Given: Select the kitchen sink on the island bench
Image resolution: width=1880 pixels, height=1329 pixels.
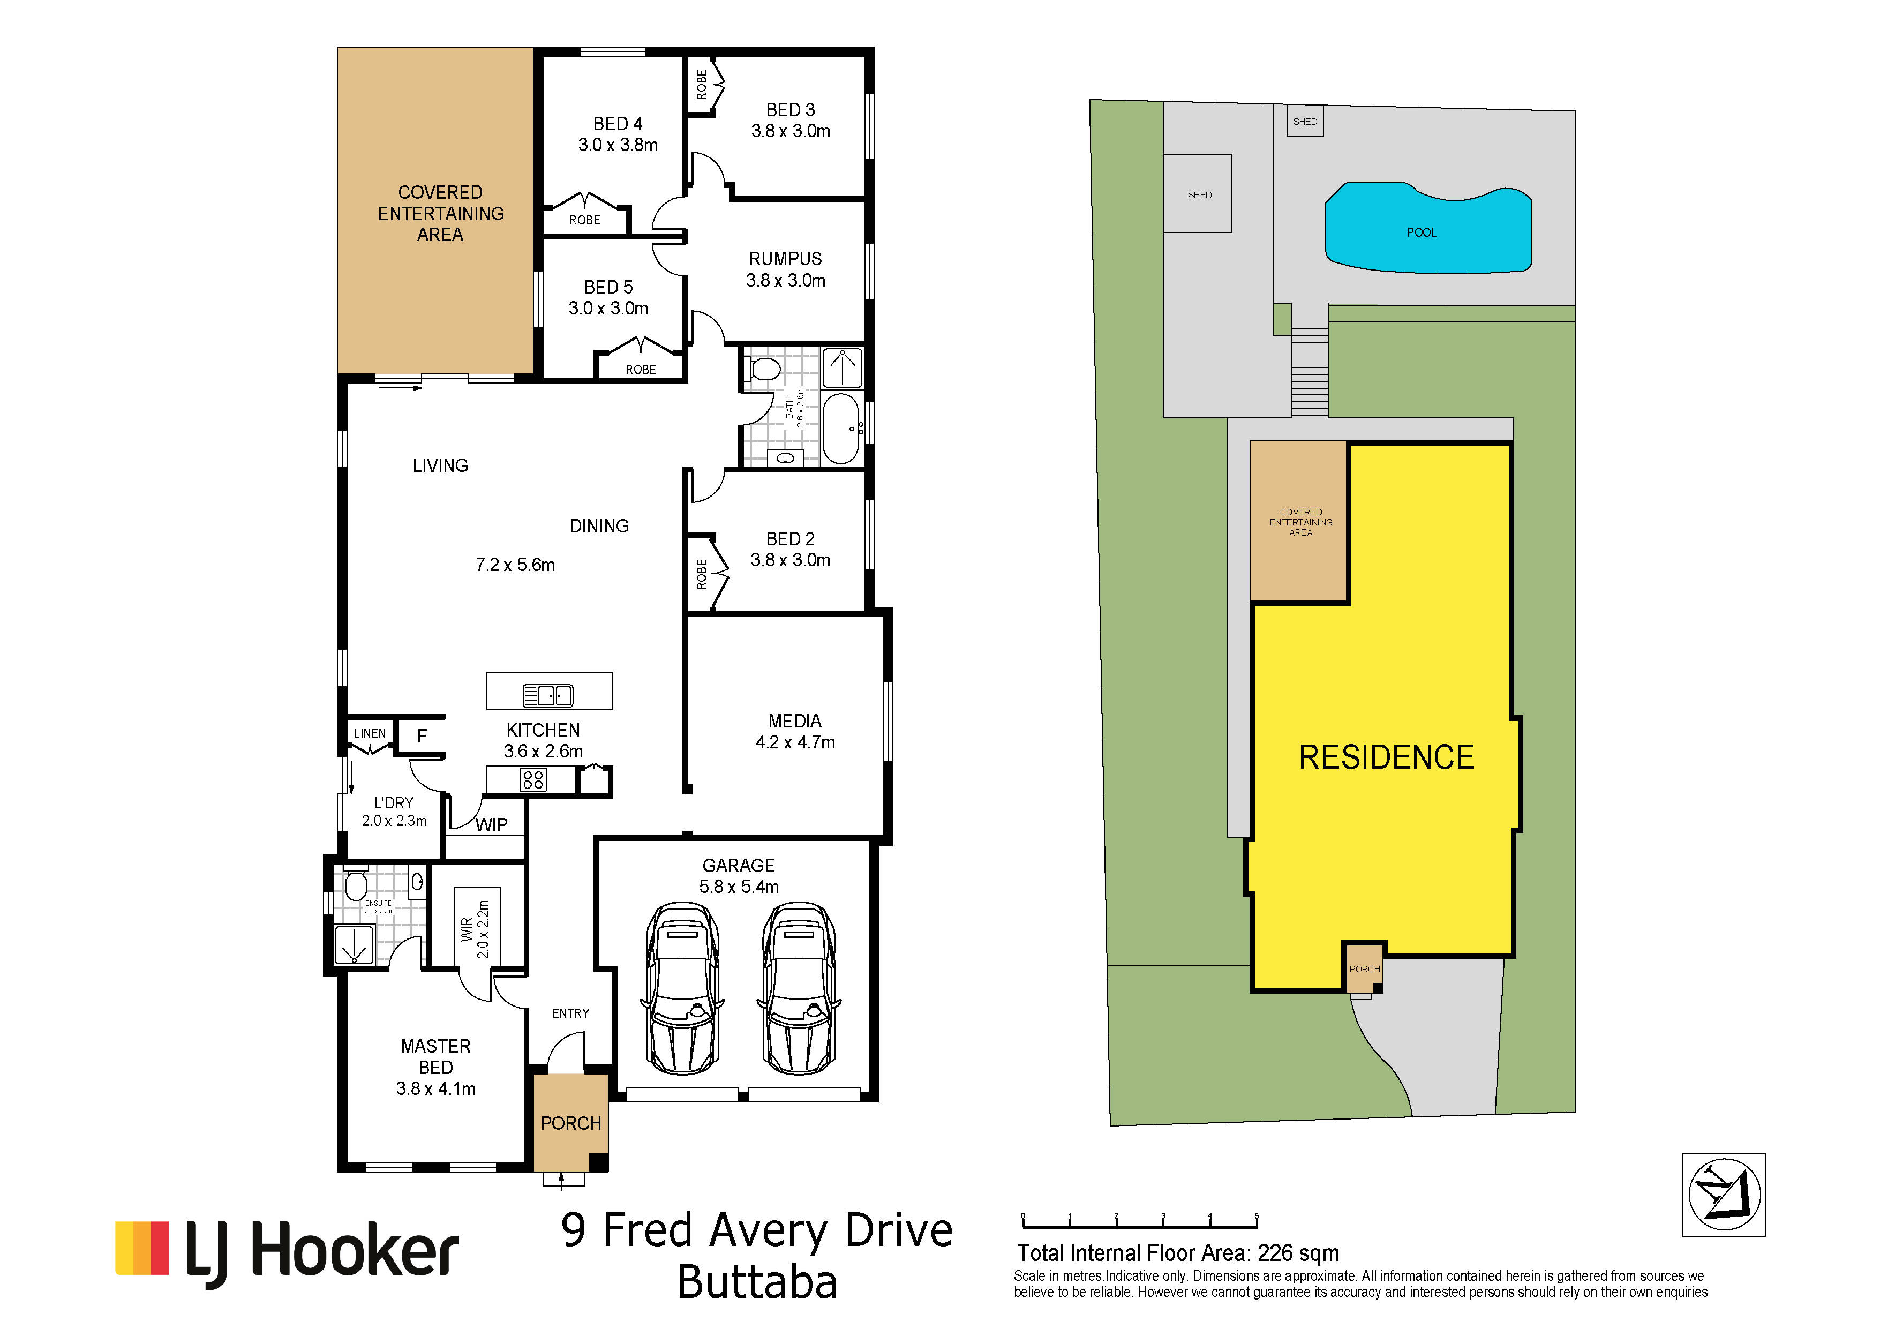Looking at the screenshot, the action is [548, 695].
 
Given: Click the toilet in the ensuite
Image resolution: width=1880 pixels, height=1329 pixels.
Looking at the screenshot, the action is [355, 884].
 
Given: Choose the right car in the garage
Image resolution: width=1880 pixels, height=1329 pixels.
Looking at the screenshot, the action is [799, 988].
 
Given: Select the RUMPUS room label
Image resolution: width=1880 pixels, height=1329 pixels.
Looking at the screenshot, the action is [785, 259].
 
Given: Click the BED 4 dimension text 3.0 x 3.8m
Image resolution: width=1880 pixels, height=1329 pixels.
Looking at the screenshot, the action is [618, 145].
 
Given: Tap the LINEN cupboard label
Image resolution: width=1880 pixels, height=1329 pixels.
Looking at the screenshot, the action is [370, 733].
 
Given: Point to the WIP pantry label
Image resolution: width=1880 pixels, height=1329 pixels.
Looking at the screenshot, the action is [491, 824].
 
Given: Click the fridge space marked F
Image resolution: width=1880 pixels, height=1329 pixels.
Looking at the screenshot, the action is [422, 735].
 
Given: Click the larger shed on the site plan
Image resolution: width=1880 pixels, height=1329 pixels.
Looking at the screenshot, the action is [1198, 193].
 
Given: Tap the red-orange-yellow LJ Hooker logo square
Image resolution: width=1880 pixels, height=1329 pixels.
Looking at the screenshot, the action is [141, 1248].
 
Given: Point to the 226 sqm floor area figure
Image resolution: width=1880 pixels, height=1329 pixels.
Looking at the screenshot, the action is [1299, 1253].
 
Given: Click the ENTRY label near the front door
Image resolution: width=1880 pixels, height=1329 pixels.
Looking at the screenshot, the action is [571, 1013].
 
